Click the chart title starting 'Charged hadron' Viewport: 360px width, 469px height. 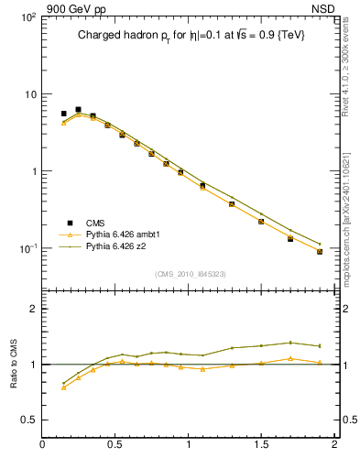click(190, 35)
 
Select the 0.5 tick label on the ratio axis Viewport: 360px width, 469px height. click(28, 420)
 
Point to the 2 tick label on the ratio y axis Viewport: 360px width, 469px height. click(33, 309)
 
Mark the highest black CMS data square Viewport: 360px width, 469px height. click(78, 109)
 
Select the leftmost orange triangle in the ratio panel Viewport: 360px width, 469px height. click(63, 387)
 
